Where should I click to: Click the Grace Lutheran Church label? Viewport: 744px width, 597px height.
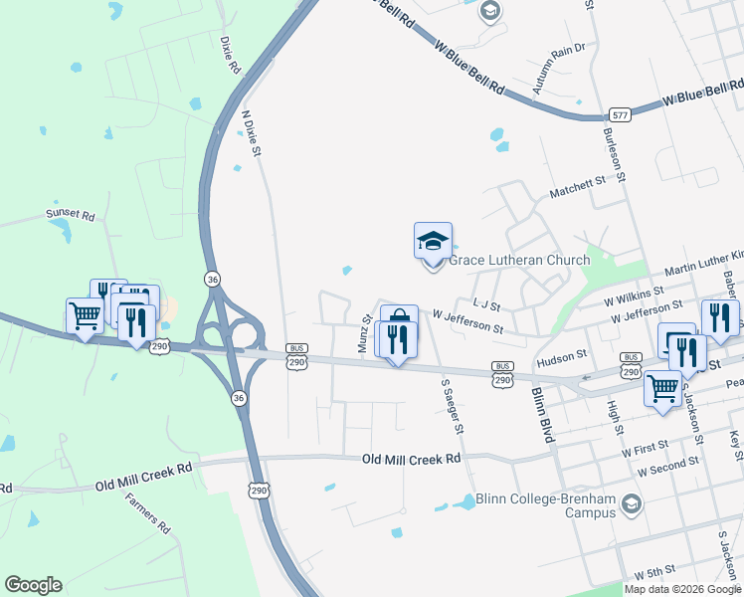coord(519,261)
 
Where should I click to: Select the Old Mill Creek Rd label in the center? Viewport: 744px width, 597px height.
coord(412,459)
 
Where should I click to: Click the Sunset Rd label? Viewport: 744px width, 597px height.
coord(70,214)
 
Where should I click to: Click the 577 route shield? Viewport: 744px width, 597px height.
coord(621,115)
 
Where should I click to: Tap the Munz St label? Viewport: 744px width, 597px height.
coord(365,333)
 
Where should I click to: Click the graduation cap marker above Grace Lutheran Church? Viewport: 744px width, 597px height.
coord(433,242)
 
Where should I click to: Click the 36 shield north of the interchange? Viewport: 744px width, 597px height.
coord(212,280)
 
